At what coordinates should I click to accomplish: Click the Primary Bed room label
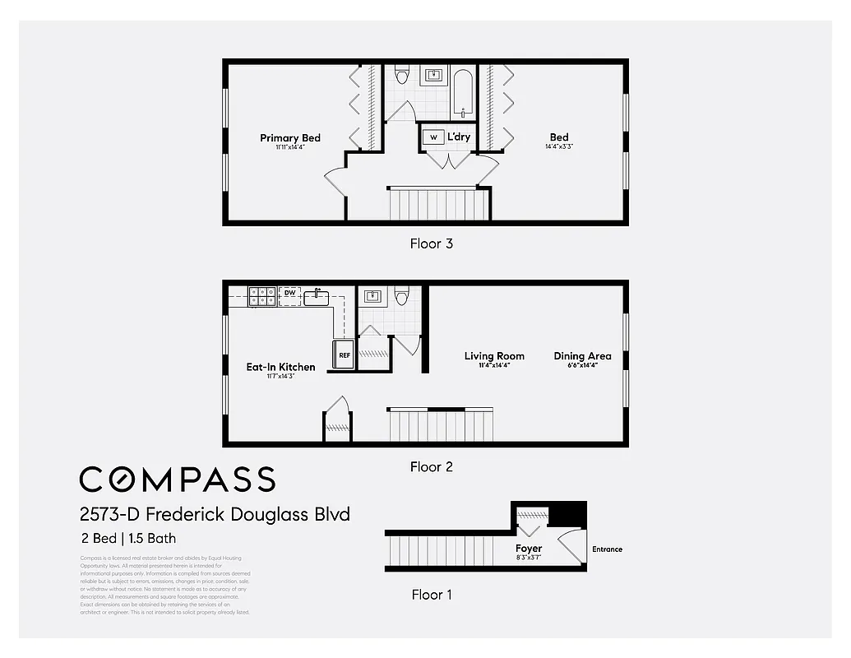pos(290,138)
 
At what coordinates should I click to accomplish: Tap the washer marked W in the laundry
pos(433,137)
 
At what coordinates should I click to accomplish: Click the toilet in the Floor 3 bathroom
pos(401,76)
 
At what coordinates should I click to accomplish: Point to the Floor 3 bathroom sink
pos(433,76)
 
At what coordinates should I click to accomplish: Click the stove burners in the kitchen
pos(262,296)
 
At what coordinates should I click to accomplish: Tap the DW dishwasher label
pos(289,293)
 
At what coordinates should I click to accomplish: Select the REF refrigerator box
pos(345,355)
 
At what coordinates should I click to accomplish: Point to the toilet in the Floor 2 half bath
pos(402,295)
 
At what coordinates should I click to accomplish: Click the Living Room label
pos(494,356)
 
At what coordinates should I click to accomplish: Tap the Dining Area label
pos(582,356)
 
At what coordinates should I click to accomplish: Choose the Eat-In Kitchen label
pos(280,367)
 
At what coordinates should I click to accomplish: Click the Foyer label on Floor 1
pos(529,549)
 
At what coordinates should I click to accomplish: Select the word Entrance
pos(607,549)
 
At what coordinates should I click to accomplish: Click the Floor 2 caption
pos(432,467)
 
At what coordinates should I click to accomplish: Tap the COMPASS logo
pos(177,479)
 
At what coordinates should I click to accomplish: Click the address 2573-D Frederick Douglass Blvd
pos(215,515)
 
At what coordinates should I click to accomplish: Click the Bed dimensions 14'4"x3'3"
pos(559,147)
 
